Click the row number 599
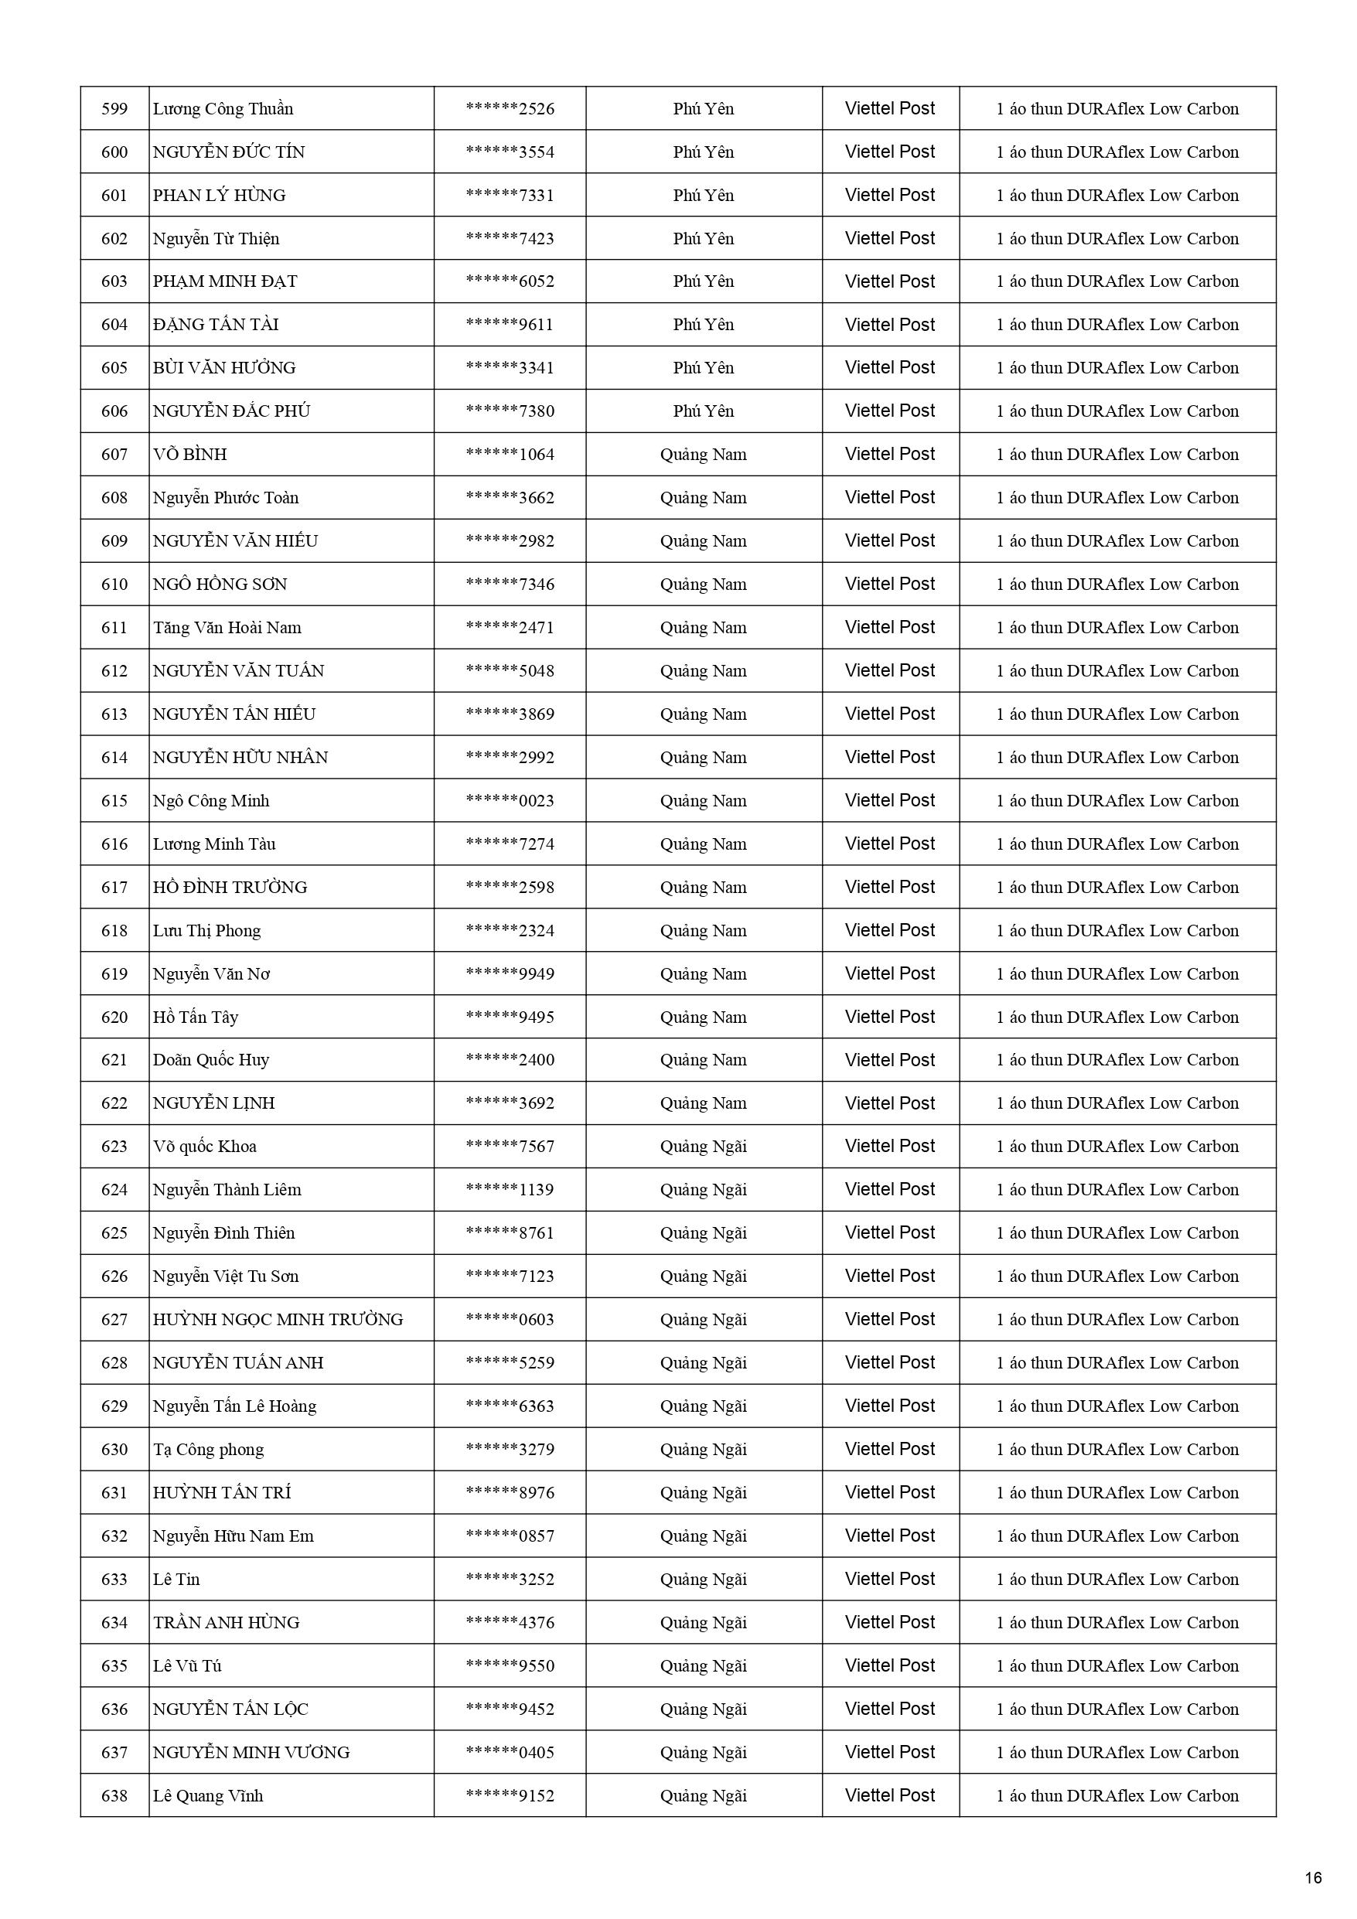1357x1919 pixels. click(114, 109)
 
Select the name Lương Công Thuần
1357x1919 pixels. click(223, 109)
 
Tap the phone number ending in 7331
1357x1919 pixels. click(510, 196)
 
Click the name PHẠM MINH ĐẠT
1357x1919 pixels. click(225, 281)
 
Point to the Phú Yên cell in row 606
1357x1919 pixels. click(703, 411)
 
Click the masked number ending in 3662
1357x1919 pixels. click(510, 498)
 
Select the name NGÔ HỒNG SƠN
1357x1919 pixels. click(220, 585)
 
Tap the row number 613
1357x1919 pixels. click(114, 714)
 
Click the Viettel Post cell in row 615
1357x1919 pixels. click(890, 801)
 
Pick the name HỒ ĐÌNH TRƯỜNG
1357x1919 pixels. click(230, 888)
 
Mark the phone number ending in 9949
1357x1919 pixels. click(510, 973)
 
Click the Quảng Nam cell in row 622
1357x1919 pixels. click(703, 1103)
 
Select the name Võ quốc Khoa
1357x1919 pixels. click(205, 1147)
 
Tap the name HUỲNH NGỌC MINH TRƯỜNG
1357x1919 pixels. click(278, 1320)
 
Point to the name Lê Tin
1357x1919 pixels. click(176, 1579)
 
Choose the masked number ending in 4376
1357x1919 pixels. click(510, 1622)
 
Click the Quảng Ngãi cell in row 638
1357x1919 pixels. click(703, 1795)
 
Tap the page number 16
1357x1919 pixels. click(1313, 1878)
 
